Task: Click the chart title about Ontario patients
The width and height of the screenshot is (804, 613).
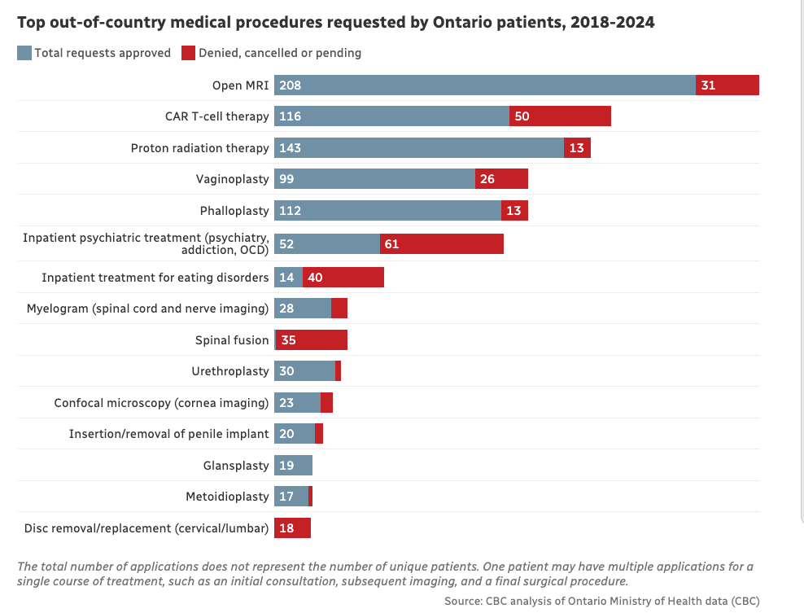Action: (x=335, y=23)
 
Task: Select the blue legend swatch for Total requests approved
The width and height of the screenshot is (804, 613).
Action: (x=24, y=53)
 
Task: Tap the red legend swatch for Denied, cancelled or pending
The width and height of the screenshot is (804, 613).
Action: (x=188, y=53)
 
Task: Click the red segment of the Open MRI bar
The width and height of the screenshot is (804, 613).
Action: (x=728, y=85)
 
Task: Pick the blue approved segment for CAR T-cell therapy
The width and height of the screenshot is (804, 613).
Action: (x=391, y=116)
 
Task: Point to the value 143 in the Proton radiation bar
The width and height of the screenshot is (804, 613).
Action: (x=290, y=148)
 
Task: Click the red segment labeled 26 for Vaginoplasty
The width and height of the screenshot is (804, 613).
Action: (x=501, y=179)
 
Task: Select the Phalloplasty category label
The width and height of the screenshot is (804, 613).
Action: (x=234, y=211)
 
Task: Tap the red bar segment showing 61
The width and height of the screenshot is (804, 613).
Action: (x=442, y=244)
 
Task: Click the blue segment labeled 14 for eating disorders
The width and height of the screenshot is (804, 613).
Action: (x=288, y=278)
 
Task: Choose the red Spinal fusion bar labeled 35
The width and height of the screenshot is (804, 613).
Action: (x=312, y=340)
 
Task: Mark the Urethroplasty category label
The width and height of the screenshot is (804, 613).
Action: (x=230, y=371)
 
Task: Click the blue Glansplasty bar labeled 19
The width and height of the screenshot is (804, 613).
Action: (x=293, y=466)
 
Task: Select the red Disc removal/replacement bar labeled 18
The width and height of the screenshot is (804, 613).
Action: (x=293, y=528)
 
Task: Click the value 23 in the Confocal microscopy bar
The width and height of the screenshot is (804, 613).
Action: (x=286, y=403)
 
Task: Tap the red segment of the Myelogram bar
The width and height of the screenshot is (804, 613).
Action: (x=339, y=309)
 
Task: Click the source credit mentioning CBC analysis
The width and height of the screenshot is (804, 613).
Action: (x=601, y=601)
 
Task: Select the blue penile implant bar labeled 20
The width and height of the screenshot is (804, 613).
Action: (x=295, y=434)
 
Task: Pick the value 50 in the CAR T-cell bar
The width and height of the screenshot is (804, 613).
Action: (x=522, y=116)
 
